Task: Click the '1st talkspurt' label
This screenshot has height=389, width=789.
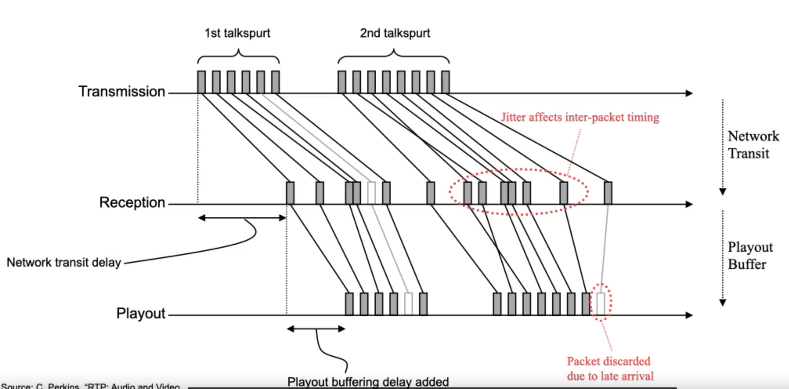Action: tap(237, 33)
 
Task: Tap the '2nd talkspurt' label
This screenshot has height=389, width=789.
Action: tap(395, 33)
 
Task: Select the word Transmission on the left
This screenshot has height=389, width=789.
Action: tap(122, 91)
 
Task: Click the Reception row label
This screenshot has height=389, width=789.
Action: tap(132, 202)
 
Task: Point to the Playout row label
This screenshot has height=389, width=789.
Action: tap(141, 313)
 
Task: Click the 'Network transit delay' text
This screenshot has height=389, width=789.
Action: tap(64, 262)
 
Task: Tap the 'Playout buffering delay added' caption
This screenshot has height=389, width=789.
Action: tap(368, 382)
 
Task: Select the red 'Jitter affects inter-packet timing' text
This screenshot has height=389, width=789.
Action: tap(580, 117)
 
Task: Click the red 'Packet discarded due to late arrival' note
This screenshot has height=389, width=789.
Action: tap(610, 369)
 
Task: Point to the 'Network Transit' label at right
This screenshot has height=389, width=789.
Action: tap(753, 145)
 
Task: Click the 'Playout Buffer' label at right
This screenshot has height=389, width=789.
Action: tap(750, 256)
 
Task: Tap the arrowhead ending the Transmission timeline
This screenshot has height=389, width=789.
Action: tap(689, 93)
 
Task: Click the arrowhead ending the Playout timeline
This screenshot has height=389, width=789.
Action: tap(689, 315)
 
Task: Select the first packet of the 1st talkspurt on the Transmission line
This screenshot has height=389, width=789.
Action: tap(201, 82)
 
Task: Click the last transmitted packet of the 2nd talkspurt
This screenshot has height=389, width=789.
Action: tap(445, 82)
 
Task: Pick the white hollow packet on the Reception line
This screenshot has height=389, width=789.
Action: tap(371, 193)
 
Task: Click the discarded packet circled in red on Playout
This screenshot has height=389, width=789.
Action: tap(601, 304)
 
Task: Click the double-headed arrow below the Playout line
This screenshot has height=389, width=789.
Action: tap(316, 329)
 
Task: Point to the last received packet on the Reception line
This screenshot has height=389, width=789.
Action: tap(608, 193)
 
